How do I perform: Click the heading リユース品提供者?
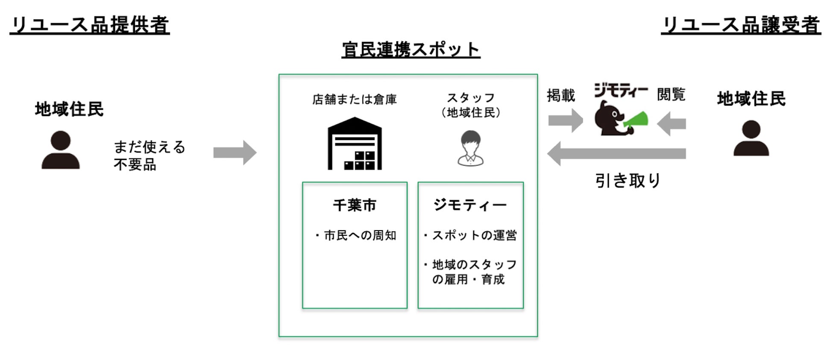[90, 25]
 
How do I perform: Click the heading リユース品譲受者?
[741, 25]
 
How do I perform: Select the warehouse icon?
[355, 143]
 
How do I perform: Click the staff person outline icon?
[470, 148]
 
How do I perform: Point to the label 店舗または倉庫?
[355, 100]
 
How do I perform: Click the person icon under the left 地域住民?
[61, 150]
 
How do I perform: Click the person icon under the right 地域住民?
[751, 138]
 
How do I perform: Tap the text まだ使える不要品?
[149, 155]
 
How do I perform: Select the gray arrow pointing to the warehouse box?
[235, 152]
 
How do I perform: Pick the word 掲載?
[561, 95]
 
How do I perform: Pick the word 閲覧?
[671, 94]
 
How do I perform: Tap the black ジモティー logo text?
[621, 91]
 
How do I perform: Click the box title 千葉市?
[355, 205]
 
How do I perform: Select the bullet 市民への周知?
[356, 235]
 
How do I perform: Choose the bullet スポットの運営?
[470, 235]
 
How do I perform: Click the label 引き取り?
[628, 181]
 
